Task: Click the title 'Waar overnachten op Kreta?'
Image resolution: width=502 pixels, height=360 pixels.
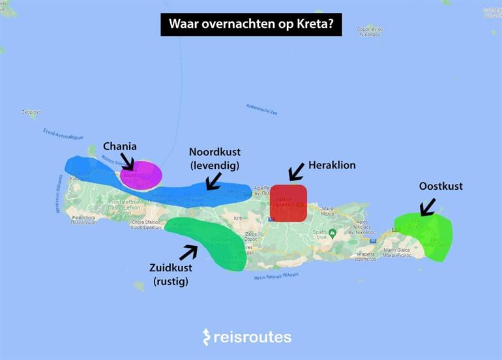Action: tap(251, 24)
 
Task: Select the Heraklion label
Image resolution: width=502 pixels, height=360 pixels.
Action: tap(332, 165)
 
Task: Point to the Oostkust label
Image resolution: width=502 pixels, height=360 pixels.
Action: tap(441, 187)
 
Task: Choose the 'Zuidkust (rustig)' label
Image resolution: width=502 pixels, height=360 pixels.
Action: tap(170, 275)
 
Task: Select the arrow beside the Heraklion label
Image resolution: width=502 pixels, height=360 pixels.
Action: tap(296, 172)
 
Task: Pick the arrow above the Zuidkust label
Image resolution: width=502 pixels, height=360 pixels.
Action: tap(188, 252)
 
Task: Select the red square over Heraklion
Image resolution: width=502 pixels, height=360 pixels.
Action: tap(288, 203)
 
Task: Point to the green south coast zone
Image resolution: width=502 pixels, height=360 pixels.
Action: tap(209, 242)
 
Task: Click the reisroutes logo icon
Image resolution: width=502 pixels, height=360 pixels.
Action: tap(207, 337)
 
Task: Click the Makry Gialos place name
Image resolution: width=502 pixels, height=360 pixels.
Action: tap(400, 250)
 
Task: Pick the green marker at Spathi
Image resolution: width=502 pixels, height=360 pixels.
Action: tap(332, 233)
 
